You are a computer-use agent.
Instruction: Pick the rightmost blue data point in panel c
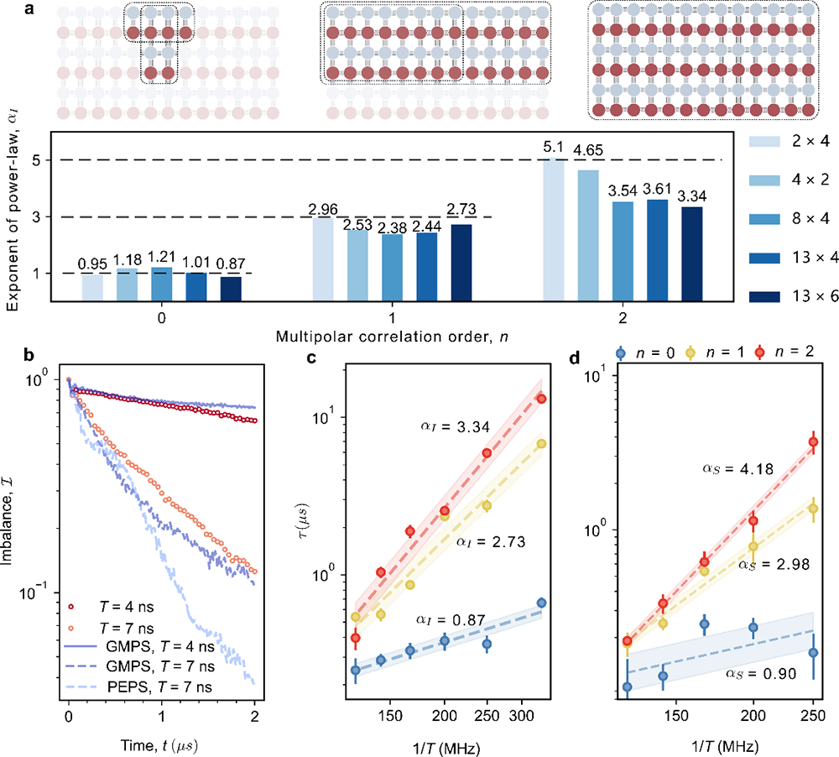[541, 603]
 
